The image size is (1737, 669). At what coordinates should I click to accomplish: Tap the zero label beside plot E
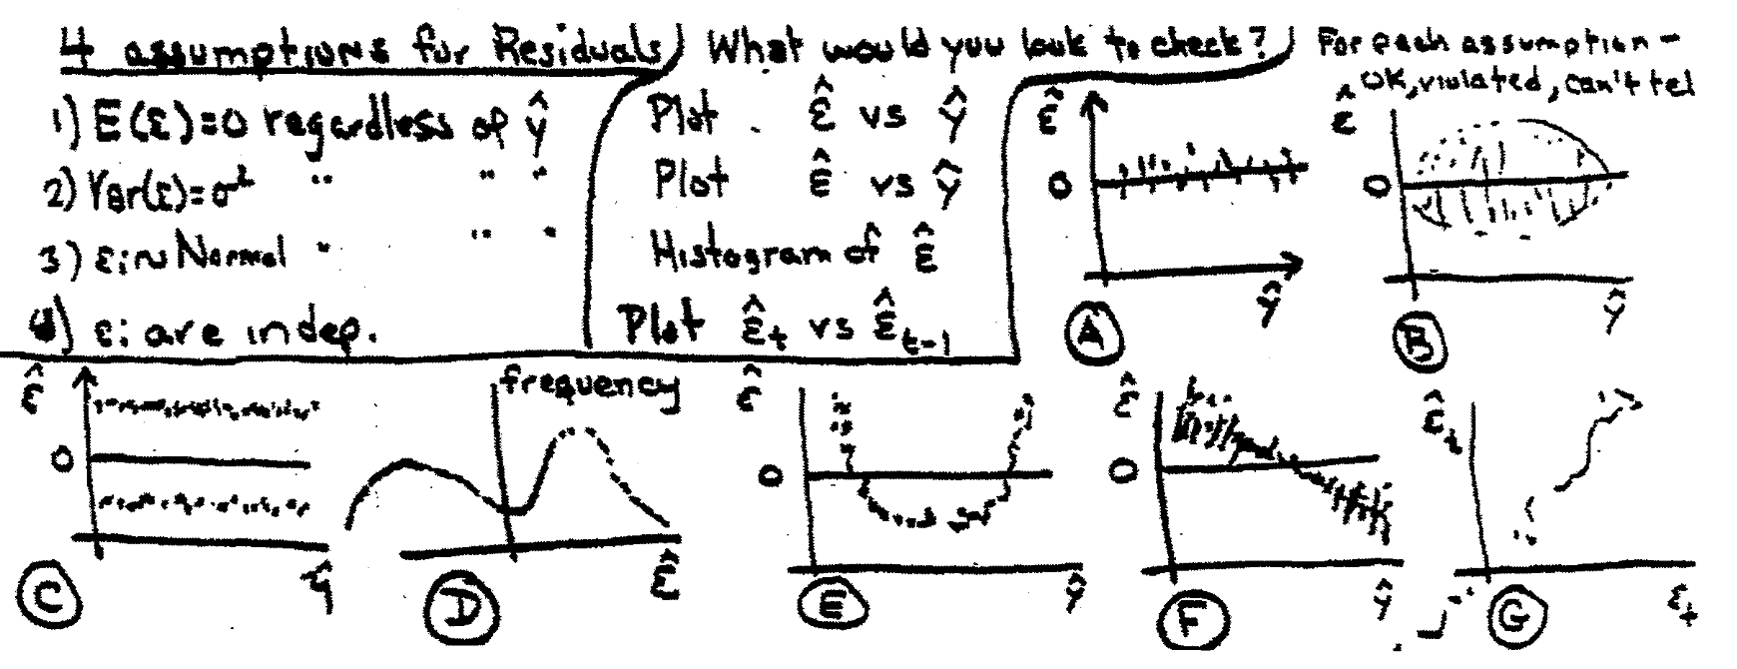pos(773,477)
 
